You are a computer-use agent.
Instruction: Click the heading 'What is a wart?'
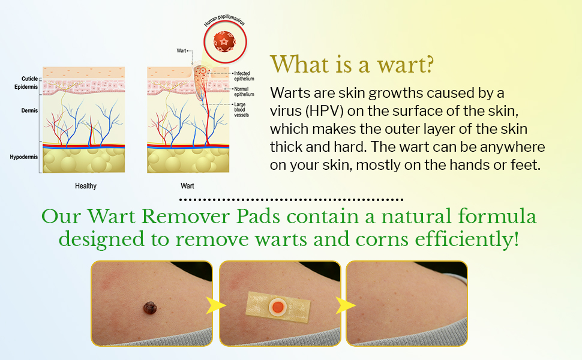pos(352,65)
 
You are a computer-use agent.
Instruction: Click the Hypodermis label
pos(23,157)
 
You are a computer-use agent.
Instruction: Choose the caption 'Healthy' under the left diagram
pos(86,186)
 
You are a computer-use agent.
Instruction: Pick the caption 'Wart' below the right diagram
pos(187,186)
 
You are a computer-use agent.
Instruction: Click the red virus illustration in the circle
pos(224,41)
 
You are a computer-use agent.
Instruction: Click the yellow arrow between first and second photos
pos(215,305)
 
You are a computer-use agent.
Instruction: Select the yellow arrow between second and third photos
pos(344,305)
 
